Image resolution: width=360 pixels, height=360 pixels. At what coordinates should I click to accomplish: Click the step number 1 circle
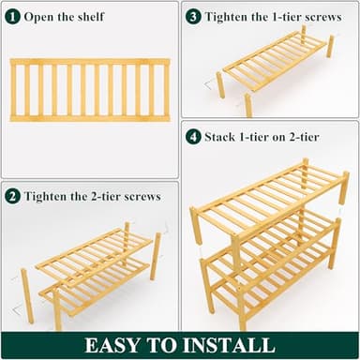(13, 17)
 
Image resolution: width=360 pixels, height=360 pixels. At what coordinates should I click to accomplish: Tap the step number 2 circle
(13, 196)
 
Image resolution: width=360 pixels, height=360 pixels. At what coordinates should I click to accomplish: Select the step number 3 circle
(193, 17)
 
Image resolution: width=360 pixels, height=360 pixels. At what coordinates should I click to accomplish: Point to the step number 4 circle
(193, 137)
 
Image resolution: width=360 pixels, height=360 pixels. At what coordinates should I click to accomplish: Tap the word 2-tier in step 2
(102, 196)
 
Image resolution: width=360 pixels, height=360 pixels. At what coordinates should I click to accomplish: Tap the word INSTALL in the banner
(231, 345)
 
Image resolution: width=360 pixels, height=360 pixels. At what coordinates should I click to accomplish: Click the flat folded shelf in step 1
(90, 89)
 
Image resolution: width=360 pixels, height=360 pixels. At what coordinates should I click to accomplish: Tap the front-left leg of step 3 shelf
(221, 85)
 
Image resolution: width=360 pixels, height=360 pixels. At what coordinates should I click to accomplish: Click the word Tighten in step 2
(52, 196)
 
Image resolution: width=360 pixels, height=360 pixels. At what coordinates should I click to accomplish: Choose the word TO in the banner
(172, 345)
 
